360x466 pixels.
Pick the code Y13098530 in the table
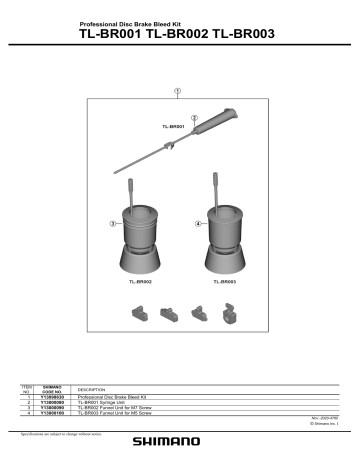[54, 397]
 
